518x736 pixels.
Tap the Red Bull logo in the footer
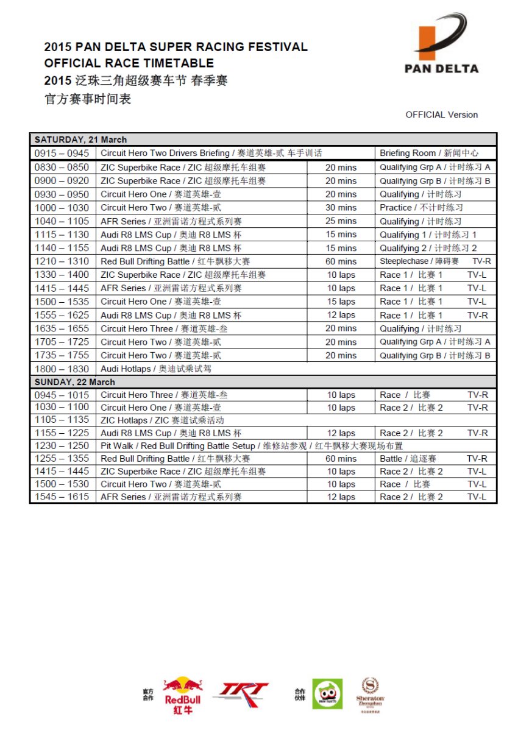(x=182, y=695)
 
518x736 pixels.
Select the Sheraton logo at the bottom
(x=370, y=695)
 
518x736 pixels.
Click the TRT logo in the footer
(x=243, y=694)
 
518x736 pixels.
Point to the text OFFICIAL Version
(x=441, y=115)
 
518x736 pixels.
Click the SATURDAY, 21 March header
(x=80, y=140)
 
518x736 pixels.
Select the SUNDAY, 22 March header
(x=74, y=382)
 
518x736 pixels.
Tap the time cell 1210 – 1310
(x=62, y=261)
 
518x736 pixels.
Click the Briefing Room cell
(x=429, y=153)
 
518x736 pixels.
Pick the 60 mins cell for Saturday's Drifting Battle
(x=341, y=261)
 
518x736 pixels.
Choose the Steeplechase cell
(x=419, y=261)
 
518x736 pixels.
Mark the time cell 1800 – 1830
(x=62, y=369)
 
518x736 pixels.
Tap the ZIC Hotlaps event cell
(x=162, y=420)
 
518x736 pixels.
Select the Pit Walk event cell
(x=252, y=446)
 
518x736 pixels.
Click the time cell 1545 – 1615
(x=62, y=497)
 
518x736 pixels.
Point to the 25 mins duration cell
(x=341, y=221)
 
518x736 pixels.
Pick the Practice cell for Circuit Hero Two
(x=421, y=208)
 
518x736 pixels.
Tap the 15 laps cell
(x=341, y=302)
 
